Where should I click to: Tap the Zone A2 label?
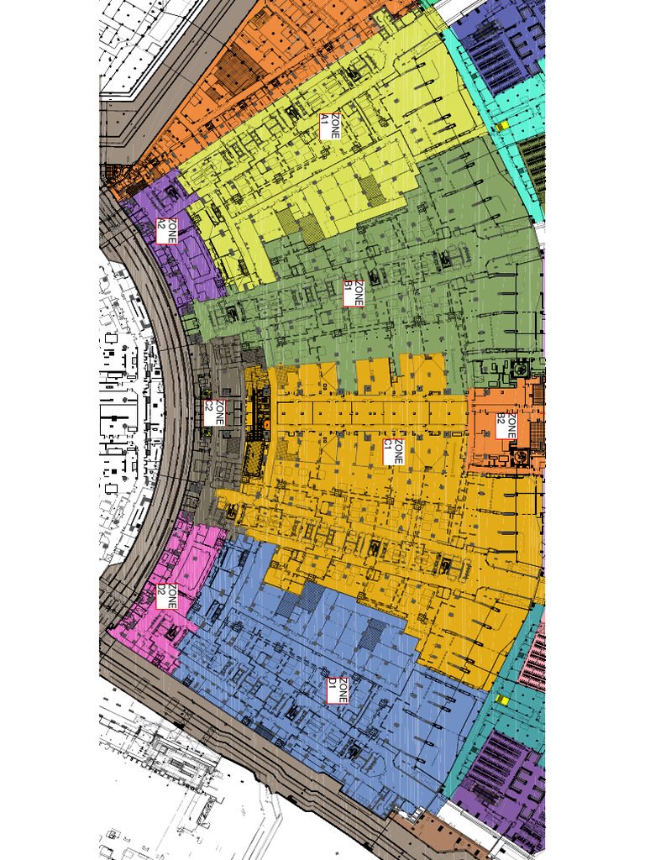(167, 230)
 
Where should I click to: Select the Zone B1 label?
(354, 293)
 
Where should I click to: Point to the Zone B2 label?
(506, 425)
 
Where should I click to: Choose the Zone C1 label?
(393, 452)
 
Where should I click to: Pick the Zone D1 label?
(338, 690)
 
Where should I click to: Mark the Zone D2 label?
(167, 597)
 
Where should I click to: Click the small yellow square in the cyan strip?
(501, 126)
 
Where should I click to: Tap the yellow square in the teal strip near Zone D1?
(503, 699)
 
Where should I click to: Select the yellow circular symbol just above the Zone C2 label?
(207, 393)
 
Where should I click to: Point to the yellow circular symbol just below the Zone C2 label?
(207, 433)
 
